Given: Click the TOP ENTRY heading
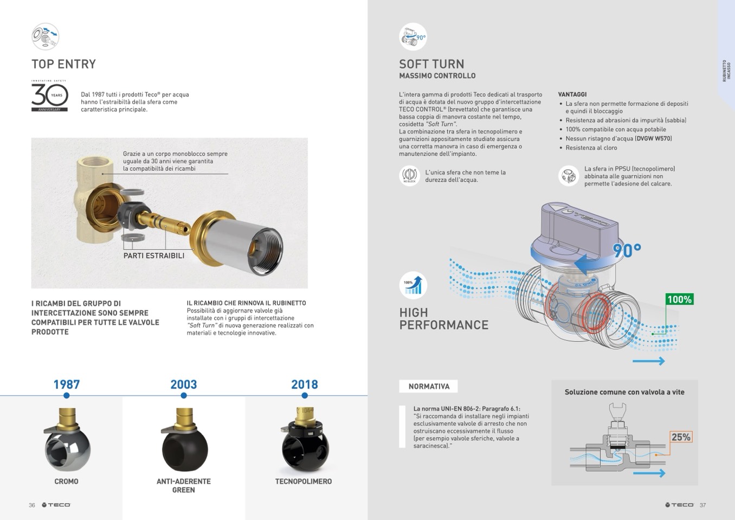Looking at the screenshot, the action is [63, 64].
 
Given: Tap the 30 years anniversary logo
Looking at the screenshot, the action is [50, 95].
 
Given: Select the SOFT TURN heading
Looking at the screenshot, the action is [431, 64].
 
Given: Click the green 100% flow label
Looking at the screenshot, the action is [679, 299].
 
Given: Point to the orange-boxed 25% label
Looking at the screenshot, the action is [681, 437].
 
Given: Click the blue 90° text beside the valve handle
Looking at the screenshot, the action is [627, 251].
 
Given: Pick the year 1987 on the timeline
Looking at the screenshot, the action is [67, 384].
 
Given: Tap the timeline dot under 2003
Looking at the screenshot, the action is [184, 396].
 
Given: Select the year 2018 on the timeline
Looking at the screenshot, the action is [305, 384].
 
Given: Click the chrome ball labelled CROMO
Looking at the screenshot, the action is [67, 448].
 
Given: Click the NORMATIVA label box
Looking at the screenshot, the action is [429, 387].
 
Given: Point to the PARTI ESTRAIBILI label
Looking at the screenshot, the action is [154, 255].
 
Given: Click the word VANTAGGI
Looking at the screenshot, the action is [572, 94].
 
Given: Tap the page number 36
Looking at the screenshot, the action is [32, 505].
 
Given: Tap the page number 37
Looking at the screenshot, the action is [702, 505].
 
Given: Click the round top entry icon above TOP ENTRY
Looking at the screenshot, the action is [46, 36].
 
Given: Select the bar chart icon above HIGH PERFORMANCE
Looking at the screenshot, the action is [413, 285].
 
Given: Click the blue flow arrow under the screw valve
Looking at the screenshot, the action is [649, 473].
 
